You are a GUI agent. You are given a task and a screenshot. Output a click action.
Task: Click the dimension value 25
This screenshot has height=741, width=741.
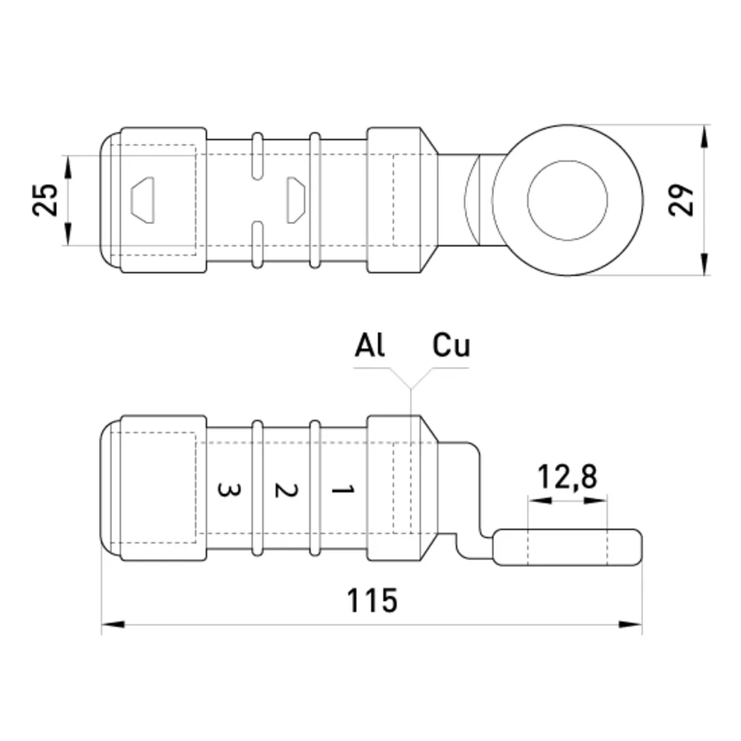(45, 200)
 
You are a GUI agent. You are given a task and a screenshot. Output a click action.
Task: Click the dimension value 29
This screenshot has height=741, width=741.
(681, 200)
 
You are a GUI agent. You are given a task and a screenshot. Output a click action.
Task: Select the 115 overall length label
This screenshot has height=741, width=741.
(372, 601)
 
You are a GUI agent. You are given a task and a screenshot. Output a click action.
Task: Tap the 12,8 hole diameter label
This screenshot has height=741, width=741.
(567, 477)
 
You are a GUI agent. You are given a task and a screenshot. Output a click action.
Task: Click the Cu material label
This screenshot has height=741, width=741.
(451, 345)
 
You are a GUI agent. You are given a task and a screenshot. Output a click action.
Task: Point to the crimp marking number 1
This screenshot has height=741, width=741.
(343, 490)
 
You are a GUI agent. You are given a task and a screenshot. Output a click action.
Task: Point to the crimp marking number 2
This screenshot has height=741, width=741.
(286, 491)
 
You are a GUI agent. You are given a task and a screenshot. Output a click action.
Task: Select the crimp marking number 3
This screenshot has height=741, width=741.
(229, 490)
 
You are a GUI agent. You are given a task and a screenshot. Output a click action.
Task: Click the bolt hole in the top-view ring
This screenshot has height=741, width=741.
(567, 200)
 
